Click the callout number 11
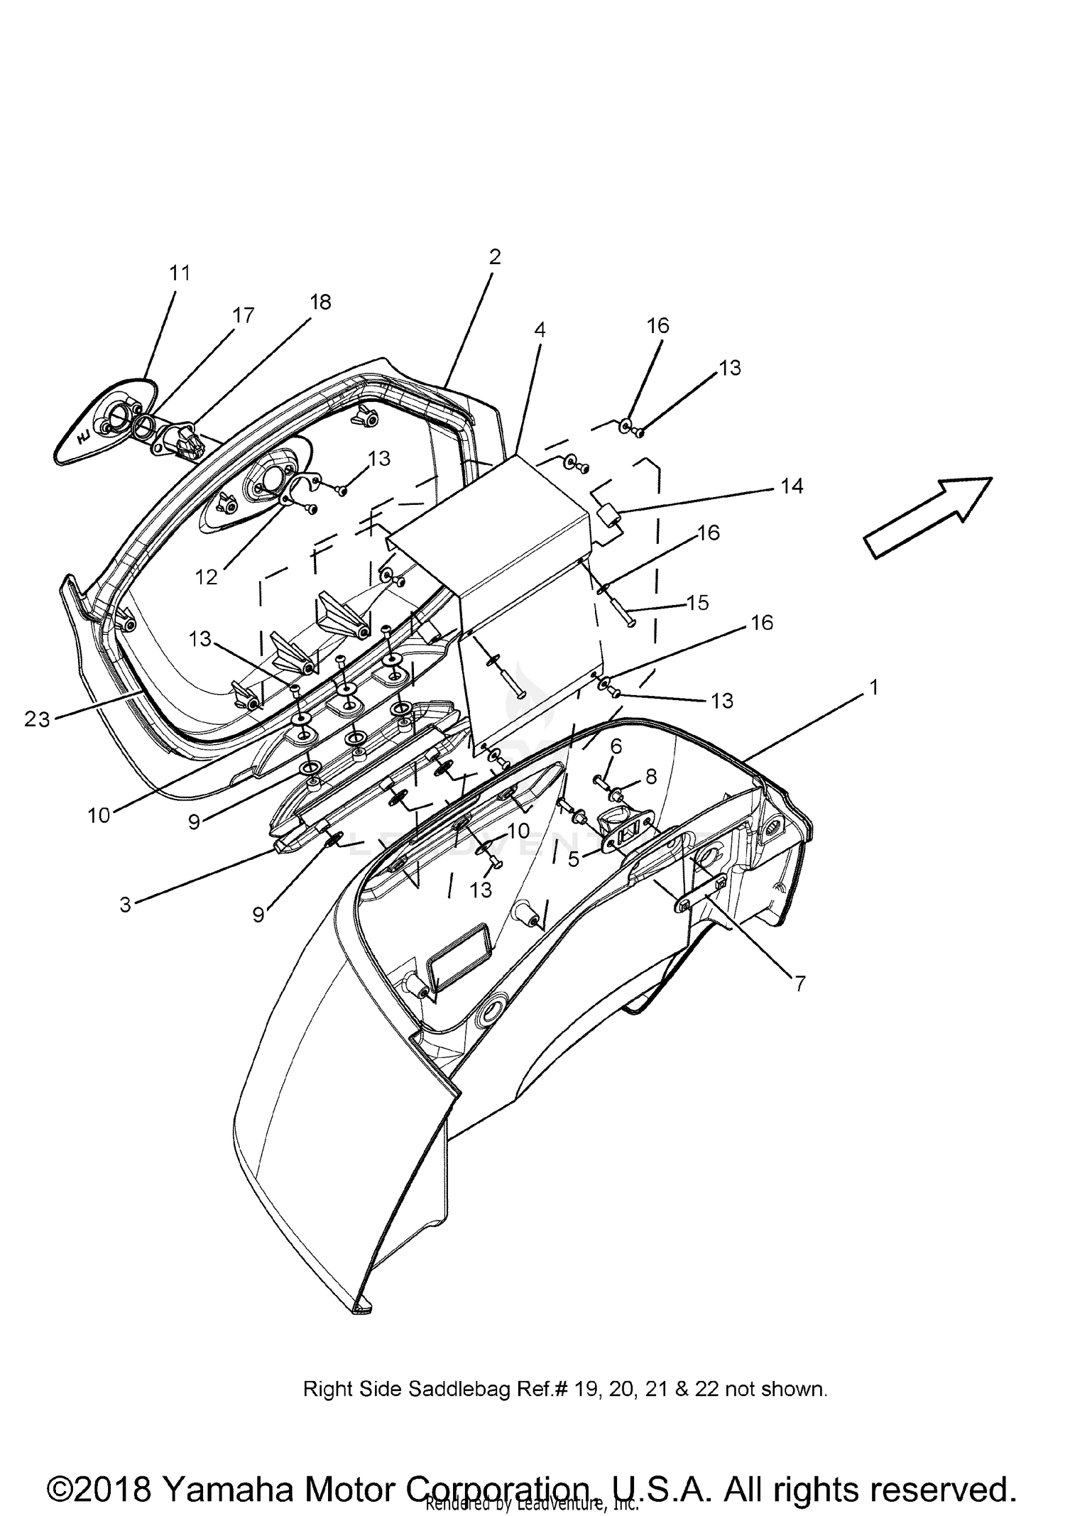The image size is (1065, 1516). pos(180,273)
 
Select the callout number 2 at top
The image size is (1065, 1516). pos(495,257)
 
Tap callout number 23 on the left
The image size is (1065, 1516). pos(37,720)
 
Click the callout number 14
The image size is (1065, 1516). pos(792,486)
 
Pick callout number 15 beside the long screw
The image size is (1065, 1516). pos(698,603)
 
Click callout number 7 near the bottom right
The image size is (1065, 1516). pos(799,983)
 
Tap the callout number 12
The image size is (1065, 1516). pos(207,577)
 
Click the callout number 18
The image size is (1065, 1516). pos(320,302)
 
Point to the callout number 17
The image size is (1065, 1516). pos(244,316)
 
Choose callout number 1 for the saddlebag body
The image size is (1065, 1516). pos(874,687)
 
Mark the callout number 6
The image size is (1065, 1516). pos(616,746)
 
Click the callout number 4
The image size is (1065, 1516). pos(540,330)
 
